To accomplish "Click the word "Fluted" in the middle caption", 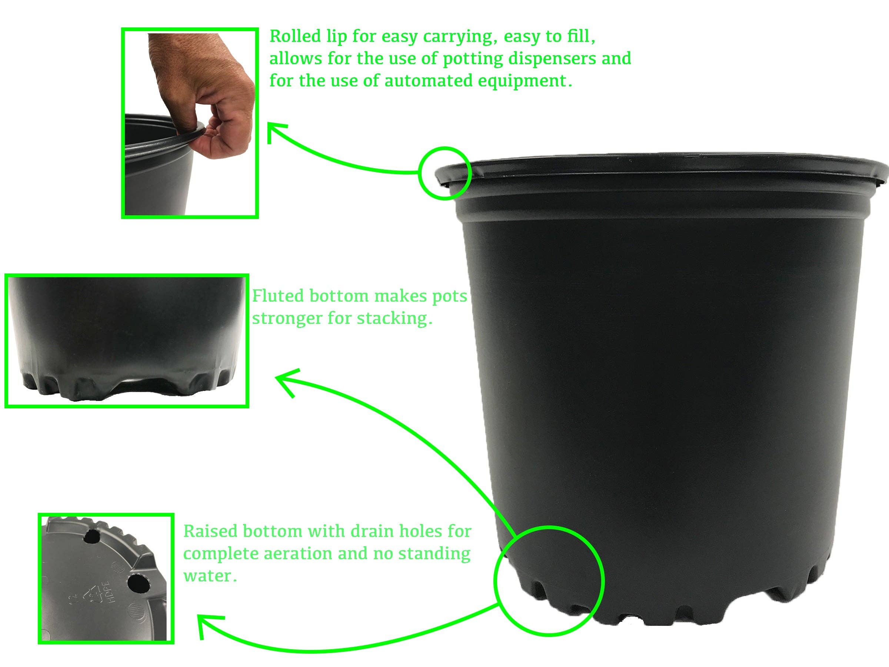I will coord(278,296).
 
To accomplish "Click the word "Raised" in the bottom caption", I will coord(210,531).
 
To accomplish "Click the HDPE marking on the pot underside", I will coord(112,595).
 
